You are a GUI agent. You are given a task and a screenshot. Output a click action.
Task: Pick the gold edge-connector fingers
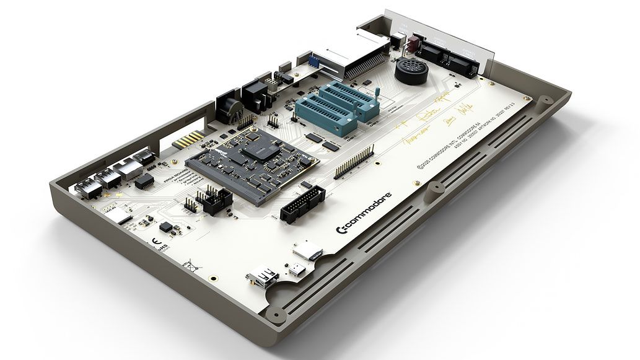(x=188, y=139)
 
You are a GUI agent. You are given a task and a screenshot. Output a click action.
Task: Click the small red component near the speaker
(x=413, y=43)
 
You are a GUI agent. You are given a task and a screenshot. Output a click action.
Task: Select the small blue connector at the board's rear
(x=315, y=61)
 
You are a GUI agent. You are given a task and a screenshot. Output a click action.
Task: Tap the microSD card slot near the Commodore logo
(x=307, y=251)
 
